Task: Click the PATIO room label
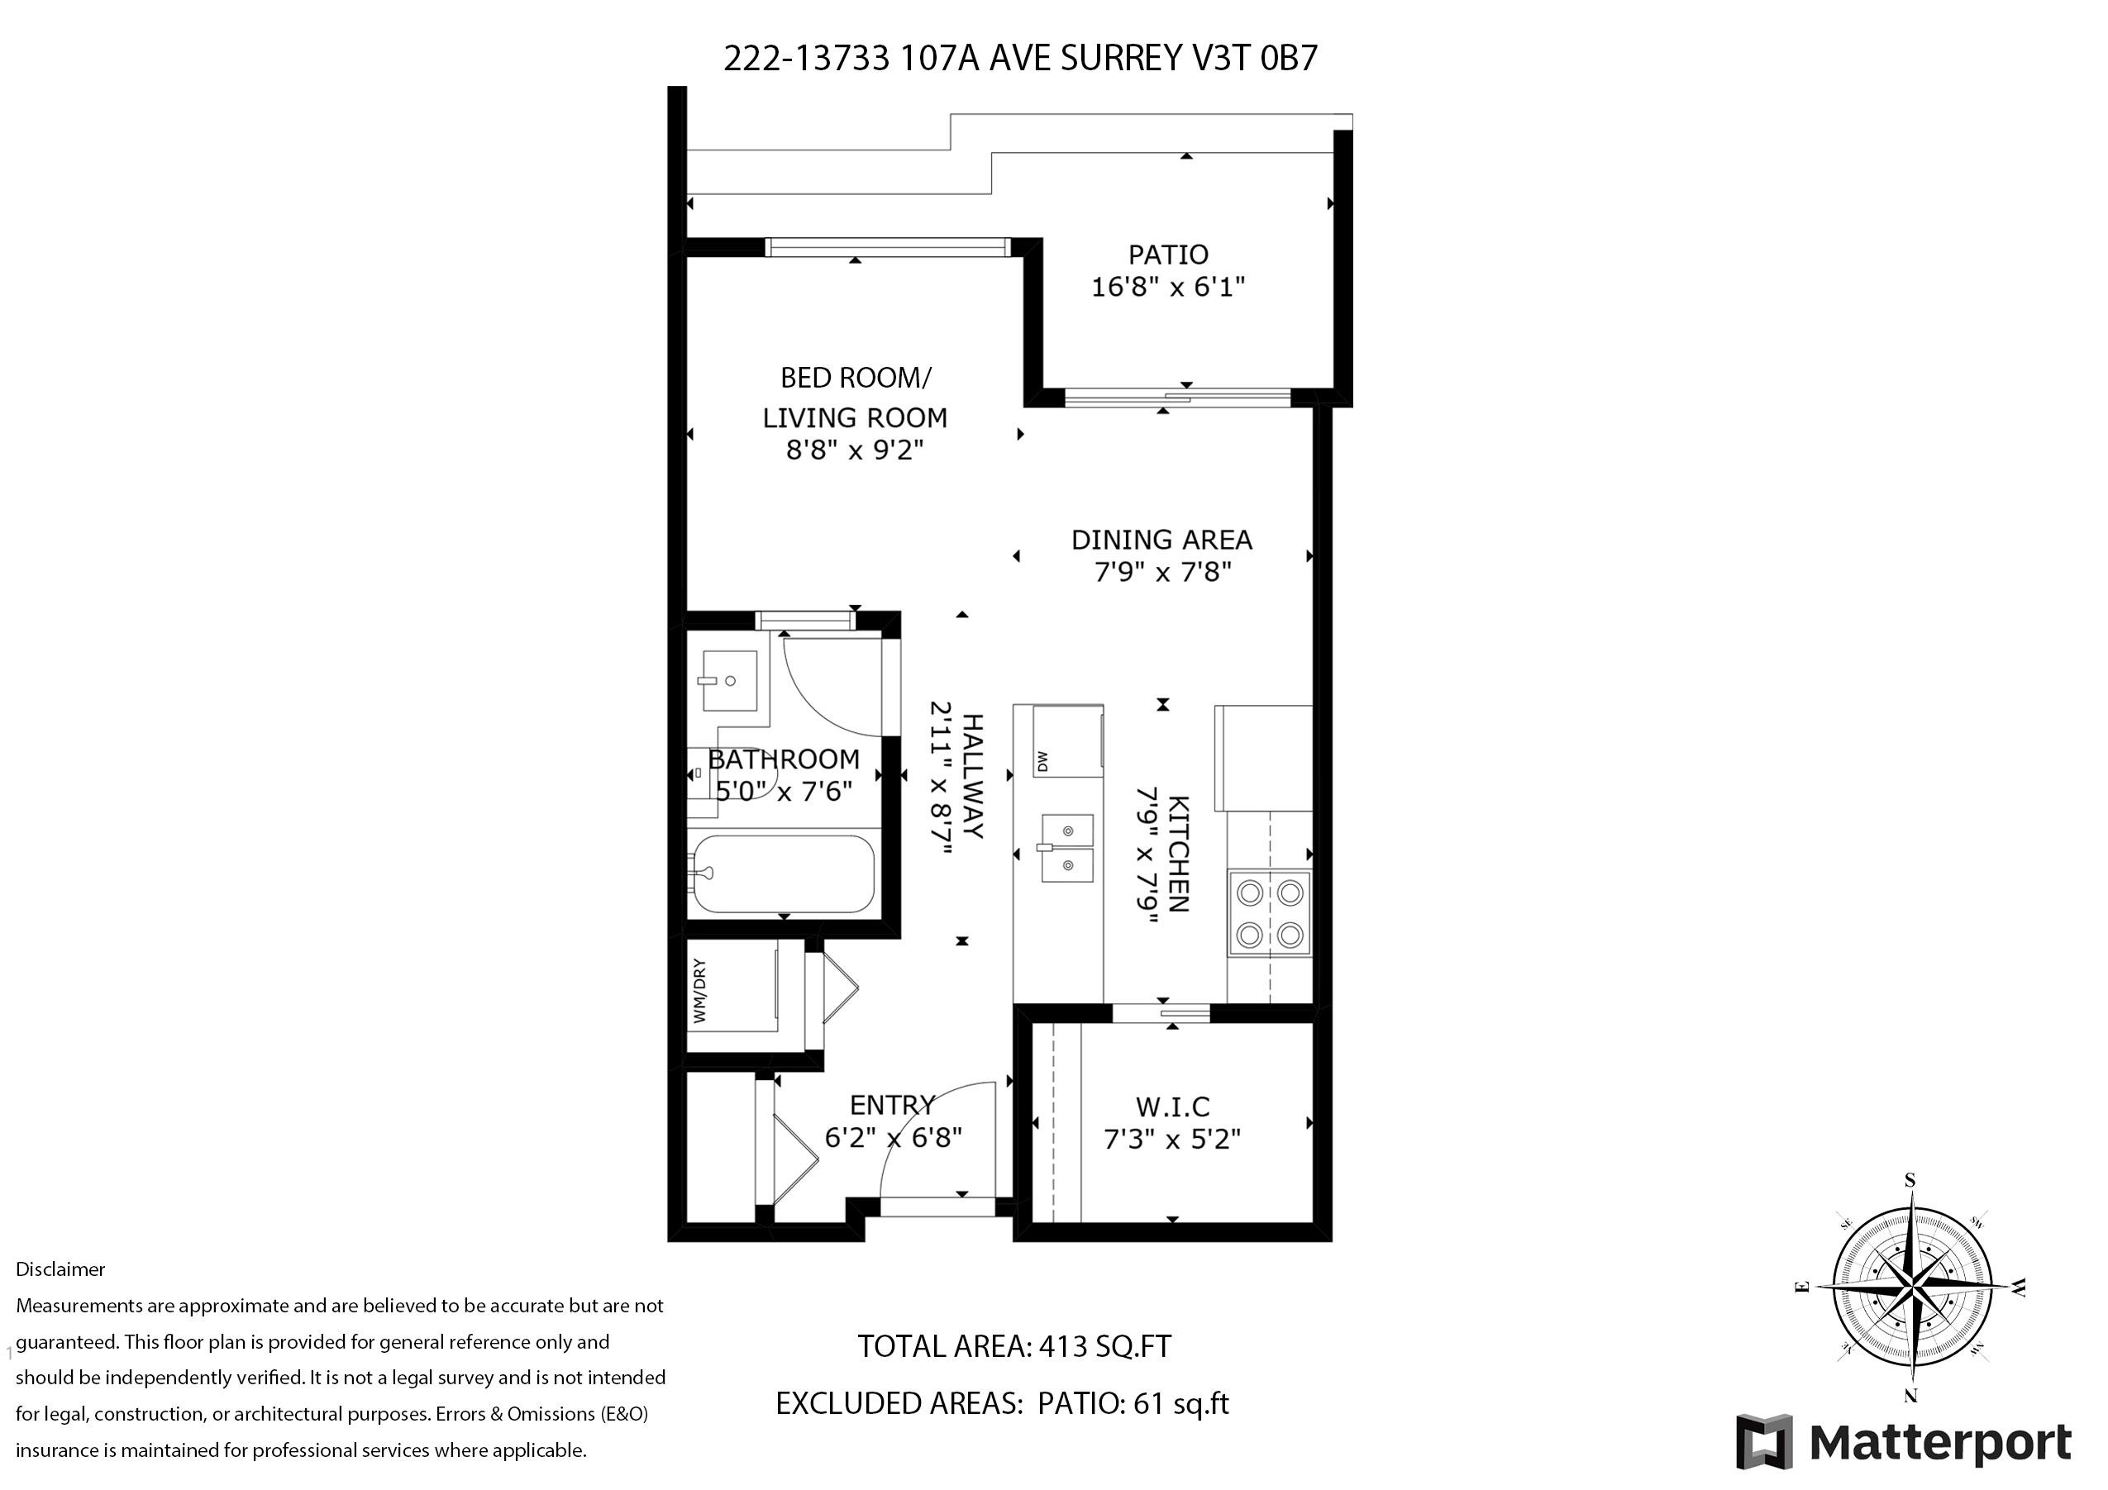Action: [1168, 255]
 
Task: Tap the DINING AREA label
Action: [1161, 540]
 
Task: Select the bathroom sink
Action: [730, 680]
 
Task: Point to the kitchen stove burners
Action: [1270, 913]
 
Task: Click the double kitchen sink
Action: [1067, 847]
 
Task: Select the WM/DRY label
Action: [699, 992]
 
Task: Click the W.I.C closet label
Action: [1172, 1107]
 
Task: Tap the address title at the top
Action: [1020, 58]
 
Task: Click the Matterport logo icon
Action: [1765, 1441]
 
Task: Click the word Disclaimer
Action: [60, 1269]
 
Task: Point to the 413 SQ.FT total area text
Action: [1104, 1346]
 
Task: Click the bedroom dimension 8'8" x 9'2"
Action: [855, 450]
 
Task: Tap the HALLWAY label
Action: [972, 776]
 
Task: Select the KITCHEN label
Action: [1178, 854]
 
